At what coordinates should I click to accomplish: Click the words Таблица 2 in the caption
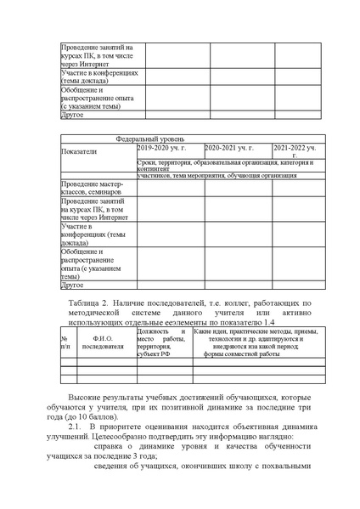(85, 302)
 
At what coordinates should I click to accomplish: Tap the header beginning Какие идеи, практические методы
(255, 334)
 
